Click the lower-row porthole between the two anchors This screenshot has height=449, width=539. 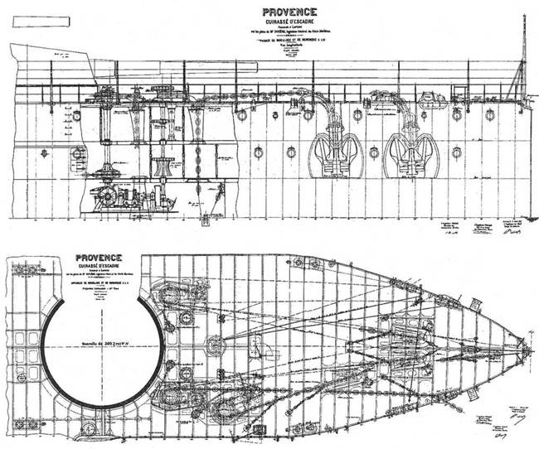374,152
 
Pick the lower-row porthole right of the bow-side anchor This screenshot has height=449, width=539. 454,152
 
